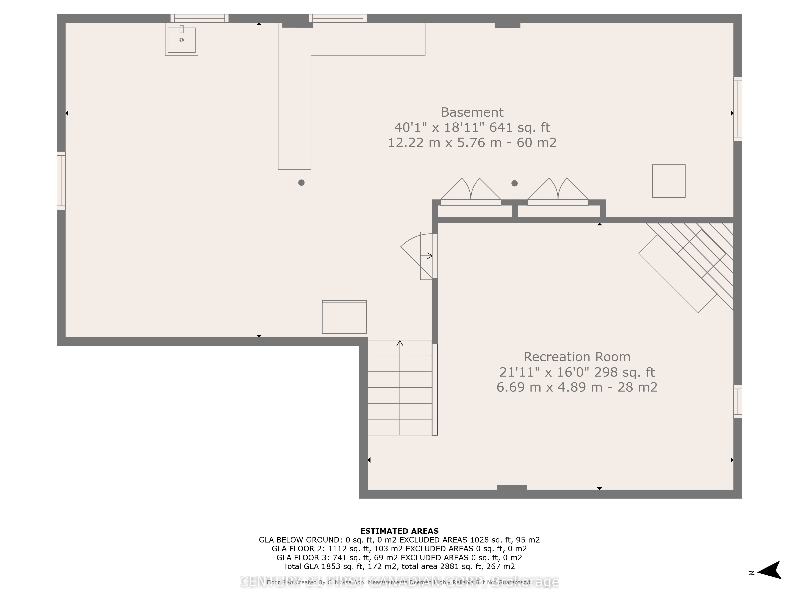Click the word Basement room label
[472, 112]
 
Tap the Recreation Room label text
[577, 357]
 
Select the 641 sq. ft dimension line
[472, 127]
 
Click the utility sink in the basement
[181, 39]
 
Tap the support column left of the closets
[301, 183]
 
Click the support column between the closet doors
[514, 183]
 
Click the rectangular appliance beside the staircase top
[344, 317]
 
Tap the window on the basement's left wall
[61, 180]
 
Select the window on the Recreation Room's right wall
[738, 402]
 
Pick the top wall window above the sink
[199, 18]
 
